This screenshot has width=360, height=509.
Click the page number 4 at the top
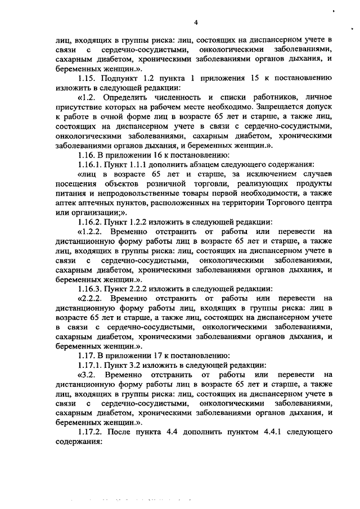(196, 22)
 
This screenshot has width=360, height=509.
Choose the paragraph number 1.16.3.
(92, 288)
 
